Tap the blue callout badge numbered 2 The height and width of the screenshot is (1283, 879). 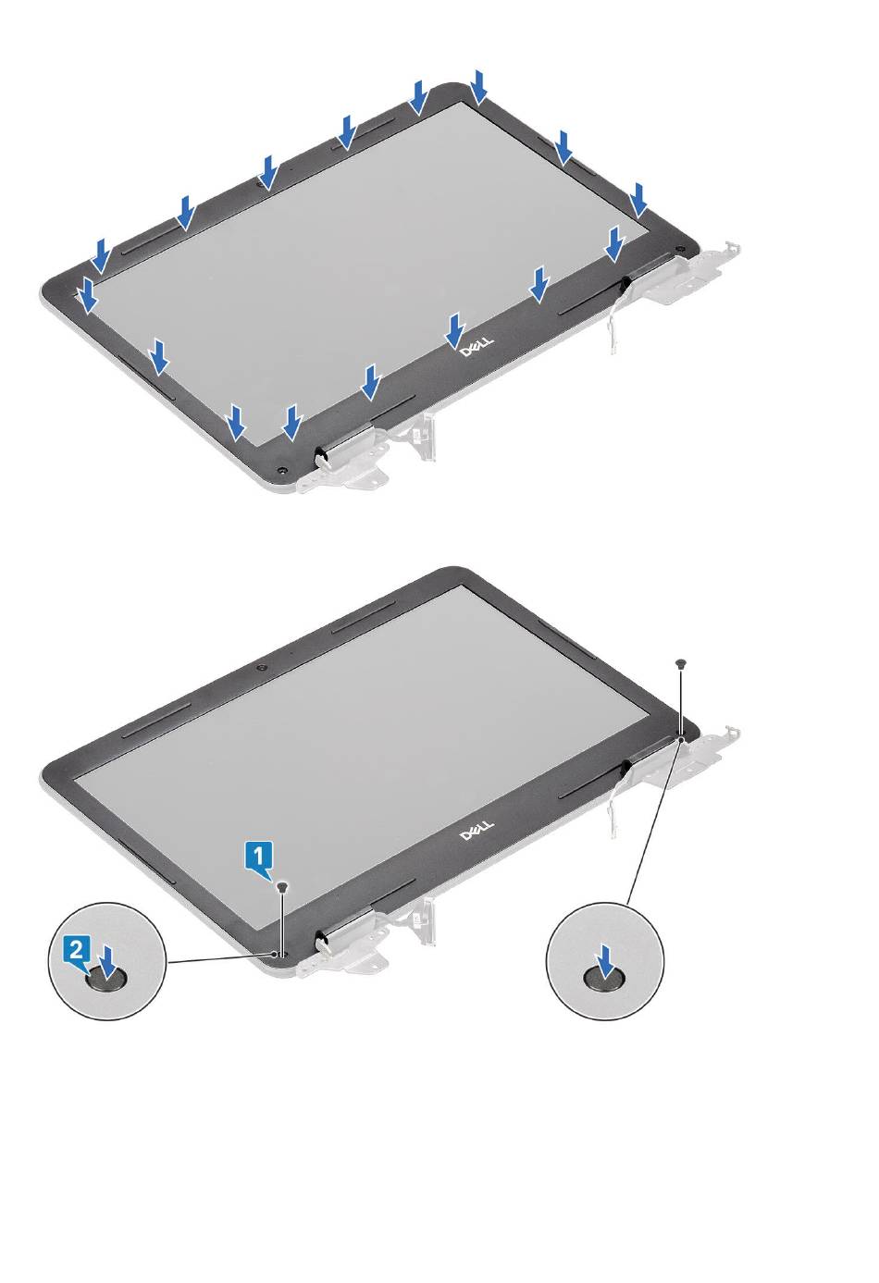[78, 953]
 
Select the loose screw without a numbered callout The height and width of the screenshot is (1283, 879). [679, 663]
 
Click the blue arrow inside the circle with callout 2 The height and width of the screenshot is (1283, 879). [106, 962]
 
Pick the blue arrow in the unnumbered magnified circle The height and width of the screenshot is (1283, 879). [604, 962]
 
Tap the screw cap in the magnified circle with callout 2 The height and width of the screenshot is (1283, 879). [105, 981]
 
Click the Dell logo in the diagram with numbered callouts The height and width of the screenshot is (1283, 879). [477, 831]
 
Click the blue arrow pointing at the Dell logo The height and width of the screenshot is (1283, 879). [455, 330]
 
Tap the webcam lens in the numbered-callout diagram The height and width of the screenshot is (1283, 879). [261, 668]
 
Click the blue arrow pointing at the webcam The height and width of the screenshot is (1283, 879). [267, 172]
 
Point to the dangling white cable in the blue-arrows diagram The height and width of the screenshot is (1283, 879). [614, 316]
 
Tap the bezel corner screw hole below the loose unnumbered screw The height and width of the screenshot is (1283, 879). [680, 734]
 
